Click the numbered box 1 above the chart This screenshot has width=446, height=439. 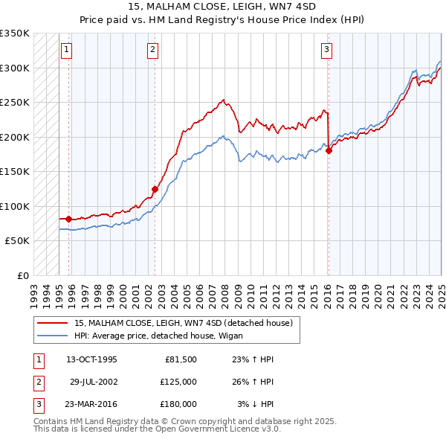coord(66,50)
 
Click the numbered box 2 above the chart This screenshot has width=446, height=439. coord(152,50)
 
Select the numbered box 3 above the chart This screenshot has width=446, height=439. coord(326,50)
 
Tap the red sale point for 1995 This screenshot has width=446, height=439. coord(68,219)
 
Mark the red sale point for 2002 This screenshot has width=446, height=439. coord(155,189)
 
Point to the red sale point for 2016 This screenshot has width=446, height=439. coord(329,151)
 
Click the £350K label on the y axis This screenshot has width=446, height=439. coord(15,33)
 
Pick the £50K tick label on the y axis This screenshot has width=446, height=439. coord(18,241)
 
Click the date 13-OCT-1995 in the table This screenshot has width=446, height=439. coord(91,359)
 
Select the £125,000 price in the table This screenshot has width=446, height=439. coord(178,382)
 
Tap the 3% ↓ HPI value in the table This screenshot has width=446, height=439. coord(256,404)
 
